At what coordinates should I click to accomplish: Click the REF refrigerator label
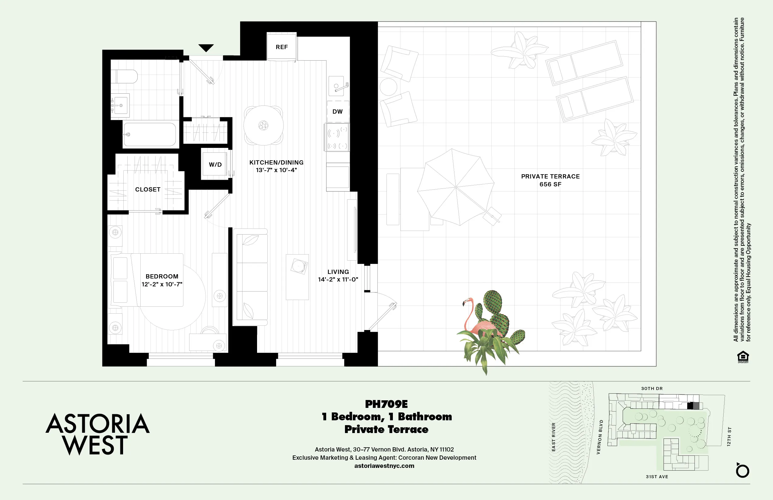click(282, 47)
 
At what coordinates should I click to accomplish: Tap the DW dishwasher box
click(337, 112)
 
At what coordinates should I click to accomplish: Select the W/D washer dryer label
click(215, 165)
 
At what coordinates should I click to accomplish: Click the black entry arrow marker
click(206, 48)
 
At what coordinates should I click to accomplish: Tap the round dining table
click(263, 125)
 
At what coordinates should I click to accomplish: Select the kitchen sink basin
click(336, 86)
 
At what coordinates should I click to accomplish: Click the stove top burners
click(337, 137)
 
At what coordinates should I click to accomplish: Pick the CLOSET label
click(148, 189)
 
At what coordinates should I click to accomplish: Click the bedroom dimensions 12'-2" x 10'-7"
click(162, 284)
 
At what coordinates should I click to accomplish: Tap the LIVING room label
click(338, 272)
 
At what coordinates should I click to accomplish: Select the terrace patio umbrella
click(456, 187)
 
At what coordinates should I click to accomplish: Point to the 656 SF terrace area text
click(550, 185)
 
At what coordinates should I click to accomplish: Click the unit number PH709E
click(386, 404)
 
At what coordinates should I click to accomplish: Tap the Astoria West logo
click(97, 434)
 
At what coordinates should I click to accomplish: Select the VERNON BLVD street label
click(600, 437)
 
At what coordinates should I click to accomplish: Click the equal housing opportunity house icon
click(743, 356)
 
